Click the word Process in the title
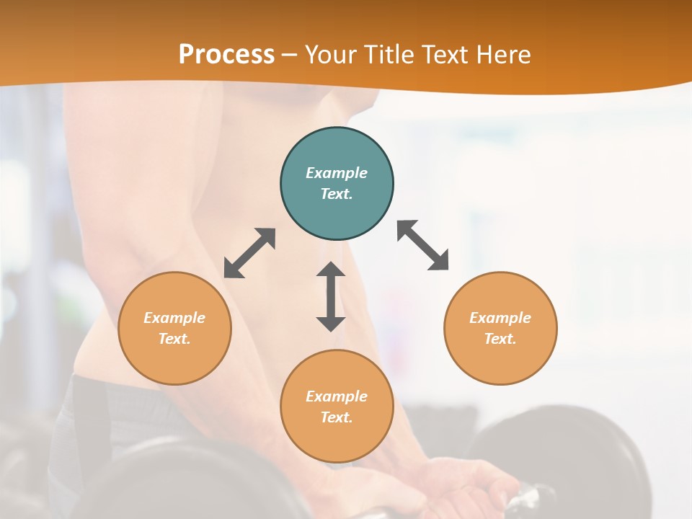click(226, 55)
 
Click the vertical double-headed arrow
click(331, 297)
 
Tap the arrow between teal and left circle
click(249, 253)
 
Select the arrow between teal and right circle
click(422, 245)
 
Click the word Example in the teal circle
click(337, 173)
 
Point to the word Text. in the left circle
click(174, 339)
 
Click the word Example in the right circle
click(500, 318)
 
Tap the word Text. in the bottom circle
click(337, 417)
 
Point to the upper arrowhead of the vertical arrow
click(331, 270)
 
